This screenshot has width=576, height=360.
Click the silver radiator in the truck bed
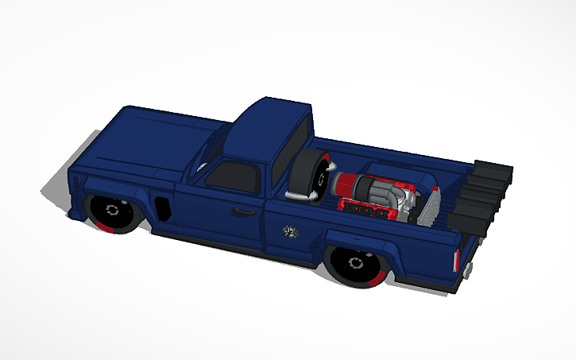429,207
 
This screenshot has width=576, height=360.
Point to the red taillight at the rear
456,259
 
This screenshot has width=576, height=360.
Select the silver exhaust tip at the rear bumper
469,271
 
